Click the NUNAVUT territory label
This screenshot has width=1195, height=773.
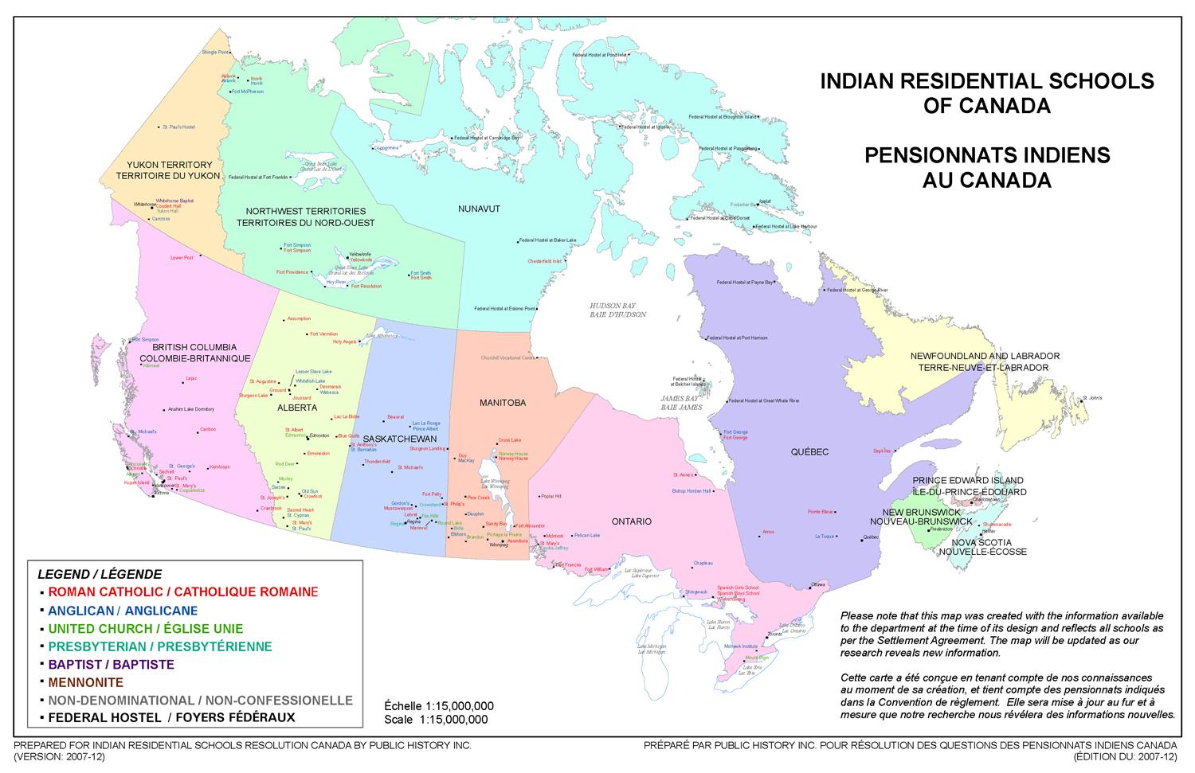(479, 209)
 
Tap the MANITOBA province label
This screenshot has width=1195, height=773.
(502, 403)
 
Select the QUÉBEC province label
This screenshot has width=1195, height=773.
(809, 452)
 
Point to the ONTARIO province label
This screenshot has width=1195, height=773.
(632, 521)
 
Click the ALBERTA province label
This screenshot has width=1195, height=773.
(297, 408)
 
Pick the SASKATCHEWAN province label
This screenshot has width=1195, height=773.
(400, 439)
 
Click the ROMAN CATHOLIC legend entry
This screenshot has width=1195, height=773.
(182, 591)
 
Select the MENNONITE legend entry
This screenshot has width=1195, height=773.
(85, 682)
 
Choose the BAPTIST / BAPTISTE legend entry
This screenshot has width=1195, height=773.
(111, 664)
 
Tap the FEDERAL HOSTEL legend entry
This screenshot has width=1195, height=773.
(171, 717)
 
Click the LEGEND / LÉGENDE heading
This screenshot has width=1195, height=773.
(100, 574)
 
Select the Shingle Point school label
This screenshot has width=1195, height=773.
(215, 52)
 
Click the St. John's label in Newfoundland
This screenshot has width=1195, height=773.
(1091, 397)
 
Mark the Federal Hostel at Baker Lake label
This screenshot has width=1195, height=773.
(549, 240)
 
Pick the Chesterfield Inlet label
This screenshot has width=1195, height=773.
(544, 261)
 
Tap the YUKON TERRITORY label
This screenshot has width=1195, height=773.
(168, 165)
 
